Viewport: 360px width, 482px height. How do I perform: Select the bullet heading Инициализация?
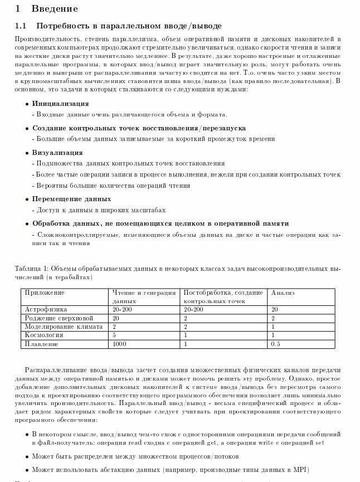(60, 104)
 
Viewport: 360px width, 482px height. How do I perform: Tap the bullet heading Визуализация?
(57, 153)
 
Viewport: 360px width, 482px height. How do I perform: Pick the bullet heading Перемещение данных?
(71, 199)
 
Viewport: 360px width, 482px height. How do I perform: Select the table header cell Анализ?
(283, 293)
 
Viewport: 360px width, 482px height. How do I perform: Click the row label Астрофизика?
(46, 309)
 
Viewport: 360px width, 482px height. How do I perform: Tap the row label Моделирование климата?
(61, 327)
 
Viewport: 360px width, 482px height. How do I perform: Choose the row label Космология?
(43, 335)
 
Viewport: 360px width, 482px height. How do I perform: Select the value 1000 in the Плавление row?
(120, 344)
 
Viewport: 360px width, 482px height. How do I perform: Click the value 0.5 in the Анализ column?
(275, 344)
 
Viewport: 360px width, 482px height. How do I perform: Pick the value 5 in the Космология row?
(114, 335)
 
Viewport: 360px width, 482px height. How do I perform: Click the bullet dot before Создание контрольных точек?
(27, 128)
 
